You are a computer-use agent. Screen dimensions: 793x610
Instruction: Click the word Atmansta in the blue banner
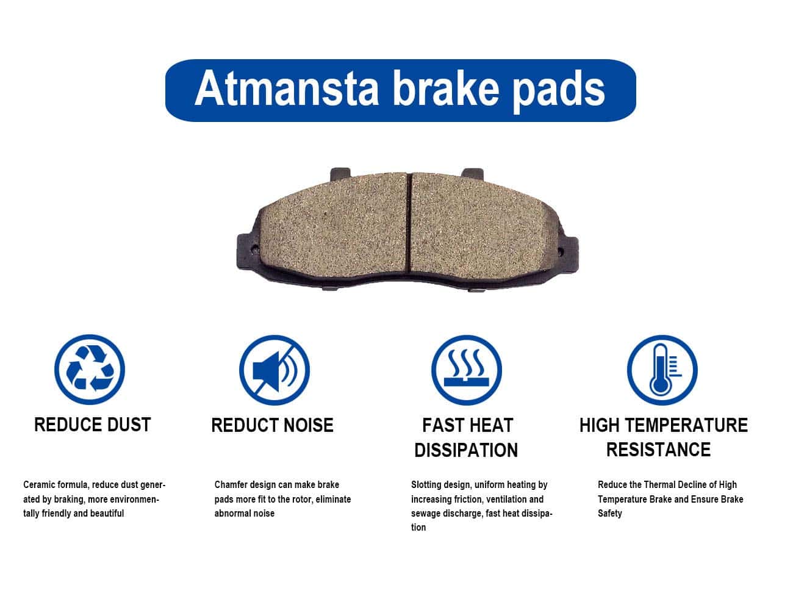pos(287,88)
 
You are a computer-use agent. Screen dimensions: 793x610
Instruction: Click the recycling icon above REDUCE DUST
pos(90,369)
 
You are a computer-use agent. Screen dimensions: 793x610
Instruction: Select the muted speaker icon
pos(274,370)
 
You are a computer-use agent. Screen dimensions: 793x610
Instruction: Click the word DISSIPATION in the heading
pos(466,450)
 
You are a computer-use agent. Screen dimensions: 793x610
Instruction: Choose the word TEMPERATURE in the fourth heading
pos(687,425)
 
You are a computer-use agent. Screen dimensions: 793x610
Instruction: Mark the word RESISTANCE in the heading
pos(658,450)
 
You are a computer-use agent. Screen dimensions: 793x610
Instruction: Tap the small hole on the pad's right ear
pos(561,251)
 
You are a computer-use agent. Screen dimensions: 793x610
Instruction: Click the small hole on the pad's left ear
pos(255,249)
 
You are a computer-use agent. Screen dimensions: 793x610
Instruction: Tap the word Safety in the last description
pos(610,514)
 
